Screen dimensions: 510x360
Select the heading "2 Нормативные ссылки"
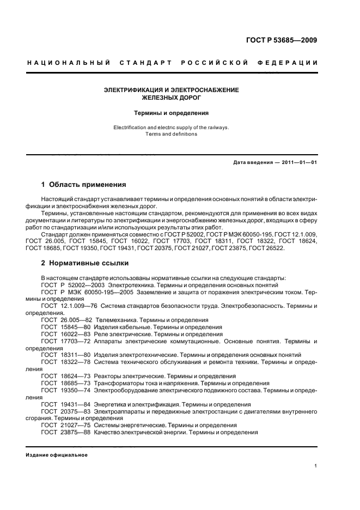click(x=85, y=263)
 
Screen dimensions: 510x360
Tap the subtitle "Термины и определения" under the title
click(x=172, y=113)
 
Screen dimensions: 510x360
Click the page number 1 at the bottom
click(x=316, y=465)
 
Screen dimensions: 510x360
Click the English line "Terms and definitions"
click(x=172, y=134)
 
